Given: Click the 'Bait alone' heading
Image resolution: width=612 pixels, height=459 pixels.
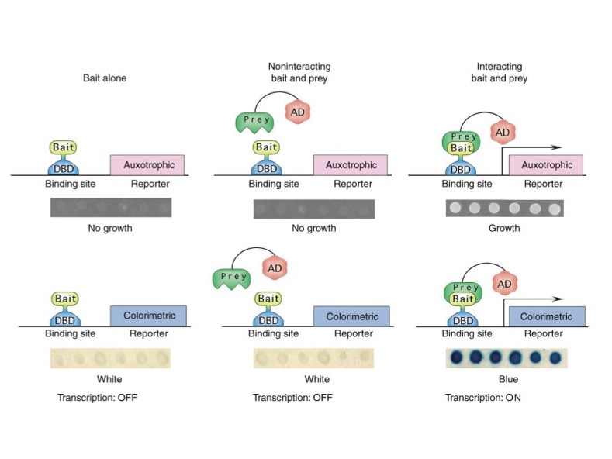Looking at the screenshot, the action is (x=105, y=78).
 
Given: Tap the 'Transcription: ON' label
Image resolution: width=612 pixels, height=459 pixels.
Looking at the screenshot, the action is (x=483, y=398).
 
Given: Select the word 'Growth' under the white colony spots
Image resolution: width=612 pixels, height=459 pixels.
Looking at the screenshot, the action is (x=504, y=228).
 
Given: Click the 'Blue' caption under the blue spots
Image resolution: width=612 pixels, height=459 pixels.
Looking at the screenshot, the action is (x=509, y=379).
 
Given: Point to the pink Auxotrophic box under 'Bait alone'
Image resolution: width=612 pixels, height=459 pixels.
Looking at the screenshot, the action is (x=147, y=164).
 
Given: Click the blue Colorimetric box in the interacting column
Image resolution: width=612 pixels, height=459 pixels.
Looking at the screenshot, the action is (x=547, y=316).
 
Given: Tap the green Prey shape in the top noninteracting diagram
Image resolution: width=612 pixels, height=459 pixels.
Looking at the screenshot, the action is (x=254, y=123).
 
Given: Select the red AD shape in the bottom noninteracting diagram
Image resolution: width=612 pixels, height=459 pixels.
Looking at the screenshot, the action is (x=275, y=268).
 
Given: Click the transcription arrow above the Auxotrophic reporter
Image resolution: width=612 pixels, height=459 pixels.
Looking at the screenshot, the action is (x=531, y=147).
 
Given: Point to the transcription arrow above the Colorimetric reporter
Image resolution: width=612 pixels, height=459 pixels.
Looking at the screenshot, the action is (x=533, y=299).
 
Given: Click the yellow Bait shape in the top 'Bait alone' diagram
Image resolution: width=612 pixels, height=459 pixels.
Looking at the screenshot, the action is (x=64, y=148).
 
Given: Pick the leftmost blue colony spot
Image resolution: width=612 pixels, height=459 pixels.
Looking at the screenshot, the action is (x=457, y=357).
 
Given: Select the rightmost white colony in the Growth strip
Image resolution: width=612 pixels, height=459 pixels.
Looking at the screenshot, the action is (x=555, y=209).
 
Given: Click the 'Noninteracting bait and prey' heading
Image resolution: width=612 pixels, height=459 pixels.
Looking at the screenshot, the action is (x=299, y=72).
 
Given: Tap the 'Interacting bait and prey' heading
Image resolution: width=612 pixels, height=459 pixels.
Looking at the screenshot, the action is (x=500, y=72).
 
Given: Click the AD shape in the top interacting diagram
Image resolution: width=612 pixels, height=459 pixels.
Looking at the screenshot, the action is (x=503, y=133).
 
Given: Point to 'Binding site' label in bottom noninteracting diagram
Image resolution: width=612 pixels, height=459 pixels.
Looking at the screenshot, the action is (x=273, y=333).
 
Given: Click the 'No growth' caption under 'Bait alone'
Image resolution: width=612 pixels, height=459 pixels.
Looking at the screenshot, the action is (x=110, y=228).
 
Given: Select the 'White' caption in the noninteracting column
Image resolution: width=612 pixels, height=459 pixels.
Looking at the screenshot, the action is (x=317, y=379).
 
